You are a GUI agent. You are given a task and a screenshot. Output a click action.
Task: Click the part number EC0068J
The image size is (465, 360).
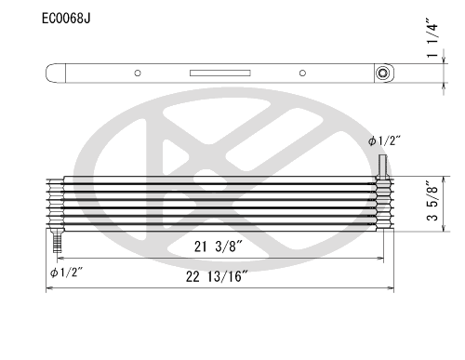coord(66,19)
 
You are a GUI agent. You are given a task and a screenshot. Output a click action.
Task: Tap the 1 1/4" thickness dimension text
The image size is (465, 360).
coord(432,38)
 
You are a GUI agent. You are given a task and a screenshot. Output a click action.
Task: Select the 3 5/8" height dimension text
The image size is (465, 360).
coord(432,201)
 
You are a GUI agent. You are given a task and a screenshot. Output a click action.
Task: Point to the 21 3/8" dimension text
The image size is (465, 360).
coord(218,247)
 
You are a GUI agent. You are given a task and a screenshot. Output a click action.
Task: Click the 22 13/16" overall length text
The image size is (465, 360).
coord(217,276)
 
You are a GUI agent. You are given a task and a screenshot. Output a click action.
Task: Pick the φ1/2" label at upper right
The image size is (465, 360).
coord(384,141)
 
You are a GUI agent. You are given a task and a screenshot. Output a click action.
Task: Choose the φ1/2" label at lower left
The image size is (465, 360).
coord(66,273)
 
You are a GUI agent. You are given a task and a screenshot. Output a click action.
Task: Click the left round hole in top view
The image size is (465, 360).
coord(138,73)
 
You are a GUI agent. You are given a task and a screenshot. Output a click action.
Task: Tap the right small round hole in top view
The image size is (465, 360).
coord(302,73)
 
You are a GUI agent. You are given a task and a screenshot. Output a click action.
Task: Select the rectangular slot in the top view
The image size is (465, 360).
coord(220,73)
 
